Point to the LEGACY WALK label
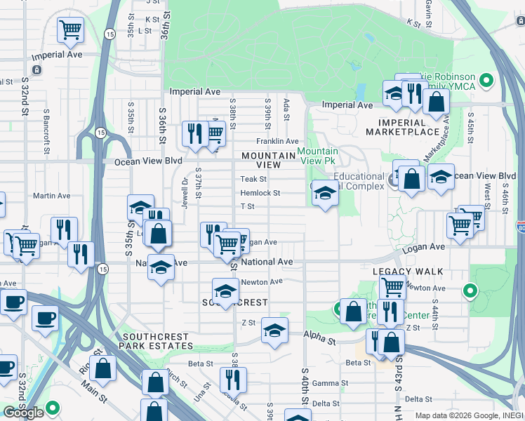(x=408, y=271)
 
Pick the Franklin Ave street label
(x=277, y=141)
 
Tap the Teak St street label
(x=253, y=180)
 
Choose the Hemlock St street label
(x=260, y=193)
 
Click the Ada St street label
(x=286, y=109)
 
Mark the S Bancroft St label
(x=47, y=131)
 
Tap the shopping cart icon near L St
(x=69, y=29)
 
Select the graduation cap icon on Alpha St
(x=274, y=330)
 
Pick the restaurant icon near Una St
(x=232, y=380)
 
